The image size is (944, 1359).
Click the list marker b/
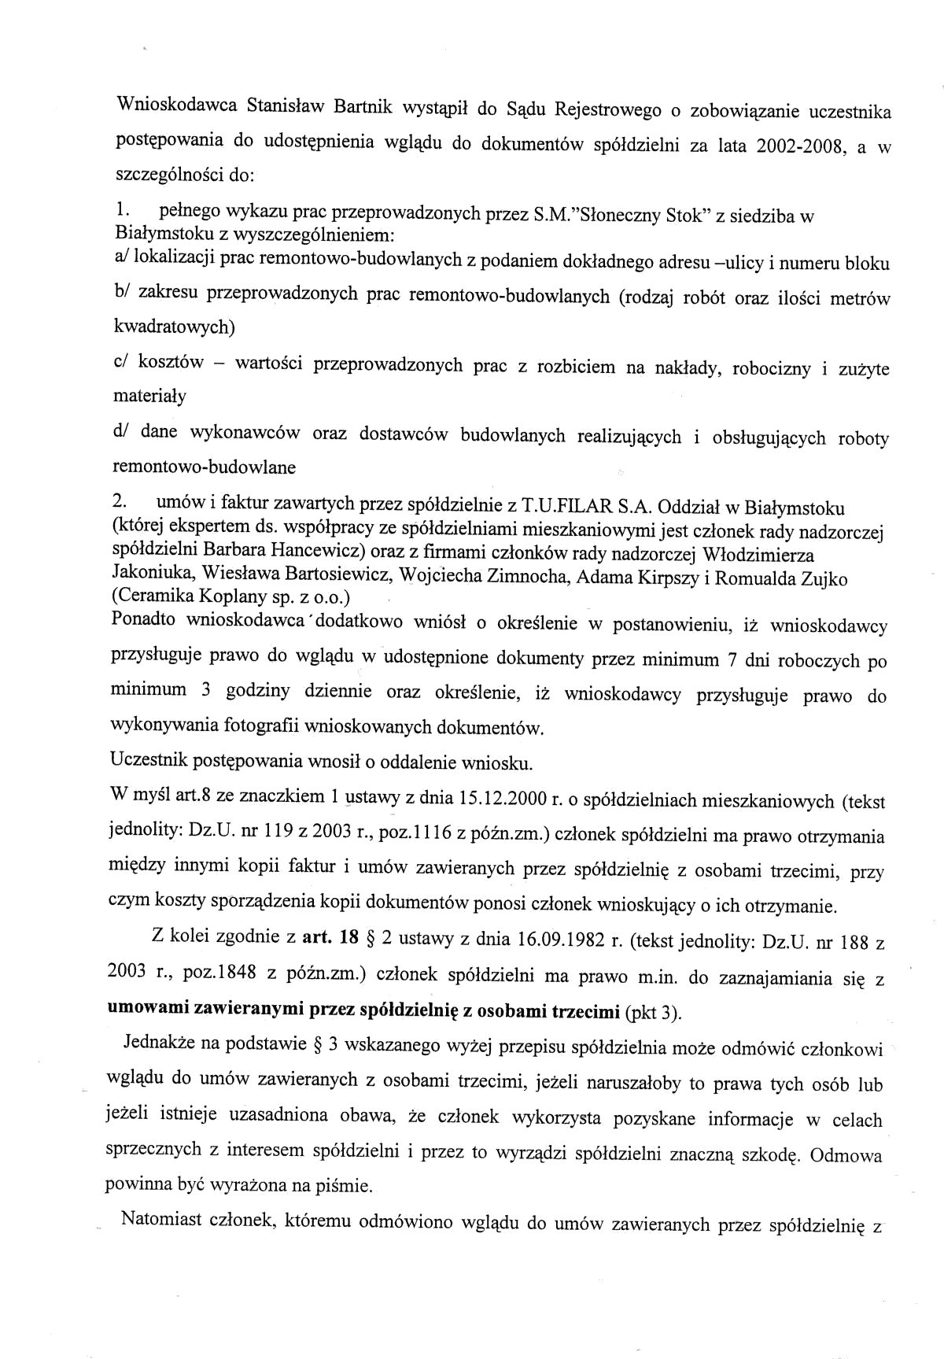tap(122, 293)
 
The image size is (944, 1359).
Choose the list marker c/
tap(122, 361)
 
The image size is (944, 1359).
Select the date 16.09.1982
tap(555, 938)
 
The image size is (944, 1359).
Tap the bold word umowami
tap(145, 1010)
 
